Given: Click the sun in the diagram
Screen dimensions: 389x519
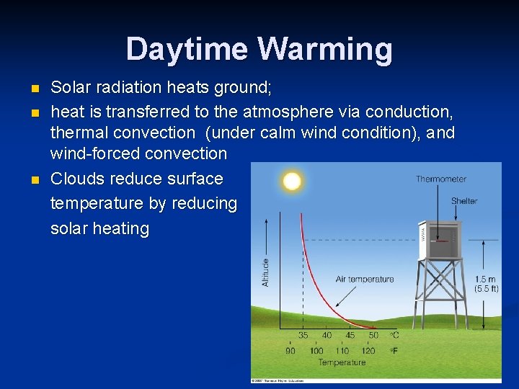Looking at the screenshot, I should click(292, 181).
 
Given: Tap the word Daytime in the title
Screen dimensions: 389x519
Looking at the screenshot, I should click(187, 50).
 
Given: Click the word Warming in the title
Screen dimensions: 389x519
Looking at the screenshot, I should click(324, 50).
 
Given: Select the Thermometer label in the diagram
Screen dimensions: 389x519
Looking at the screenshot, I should click(441, 179).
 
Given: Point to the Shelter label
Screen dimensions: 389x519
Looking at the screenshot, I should click(464, 201).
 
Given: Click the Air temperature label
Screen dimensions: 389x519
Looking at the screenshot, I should click(365, 279).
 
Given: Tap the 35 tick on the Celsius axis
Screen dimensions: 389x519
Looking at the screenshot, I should click(303, 335).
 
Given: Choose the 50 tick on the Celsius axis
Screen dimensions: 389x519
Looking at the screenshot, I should click(373, 335).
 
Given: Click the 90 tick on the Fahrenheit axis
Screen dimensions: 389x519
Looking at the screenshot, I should click(290, 351).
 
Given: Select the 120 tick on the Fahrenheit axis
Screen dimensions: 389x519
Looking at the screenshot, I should click(368, 351).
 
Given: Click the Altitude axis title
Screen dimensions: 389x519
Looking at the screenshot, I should click(266, 272).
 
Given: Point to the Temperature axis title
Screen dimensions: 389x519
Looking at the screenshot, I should click(342, 362).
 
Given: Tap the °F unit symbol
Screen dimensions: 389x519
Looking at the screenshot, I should click(394, 351).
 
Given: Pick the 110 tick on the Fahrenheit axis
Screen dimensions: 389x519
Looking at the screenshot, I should click(342, 351).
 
